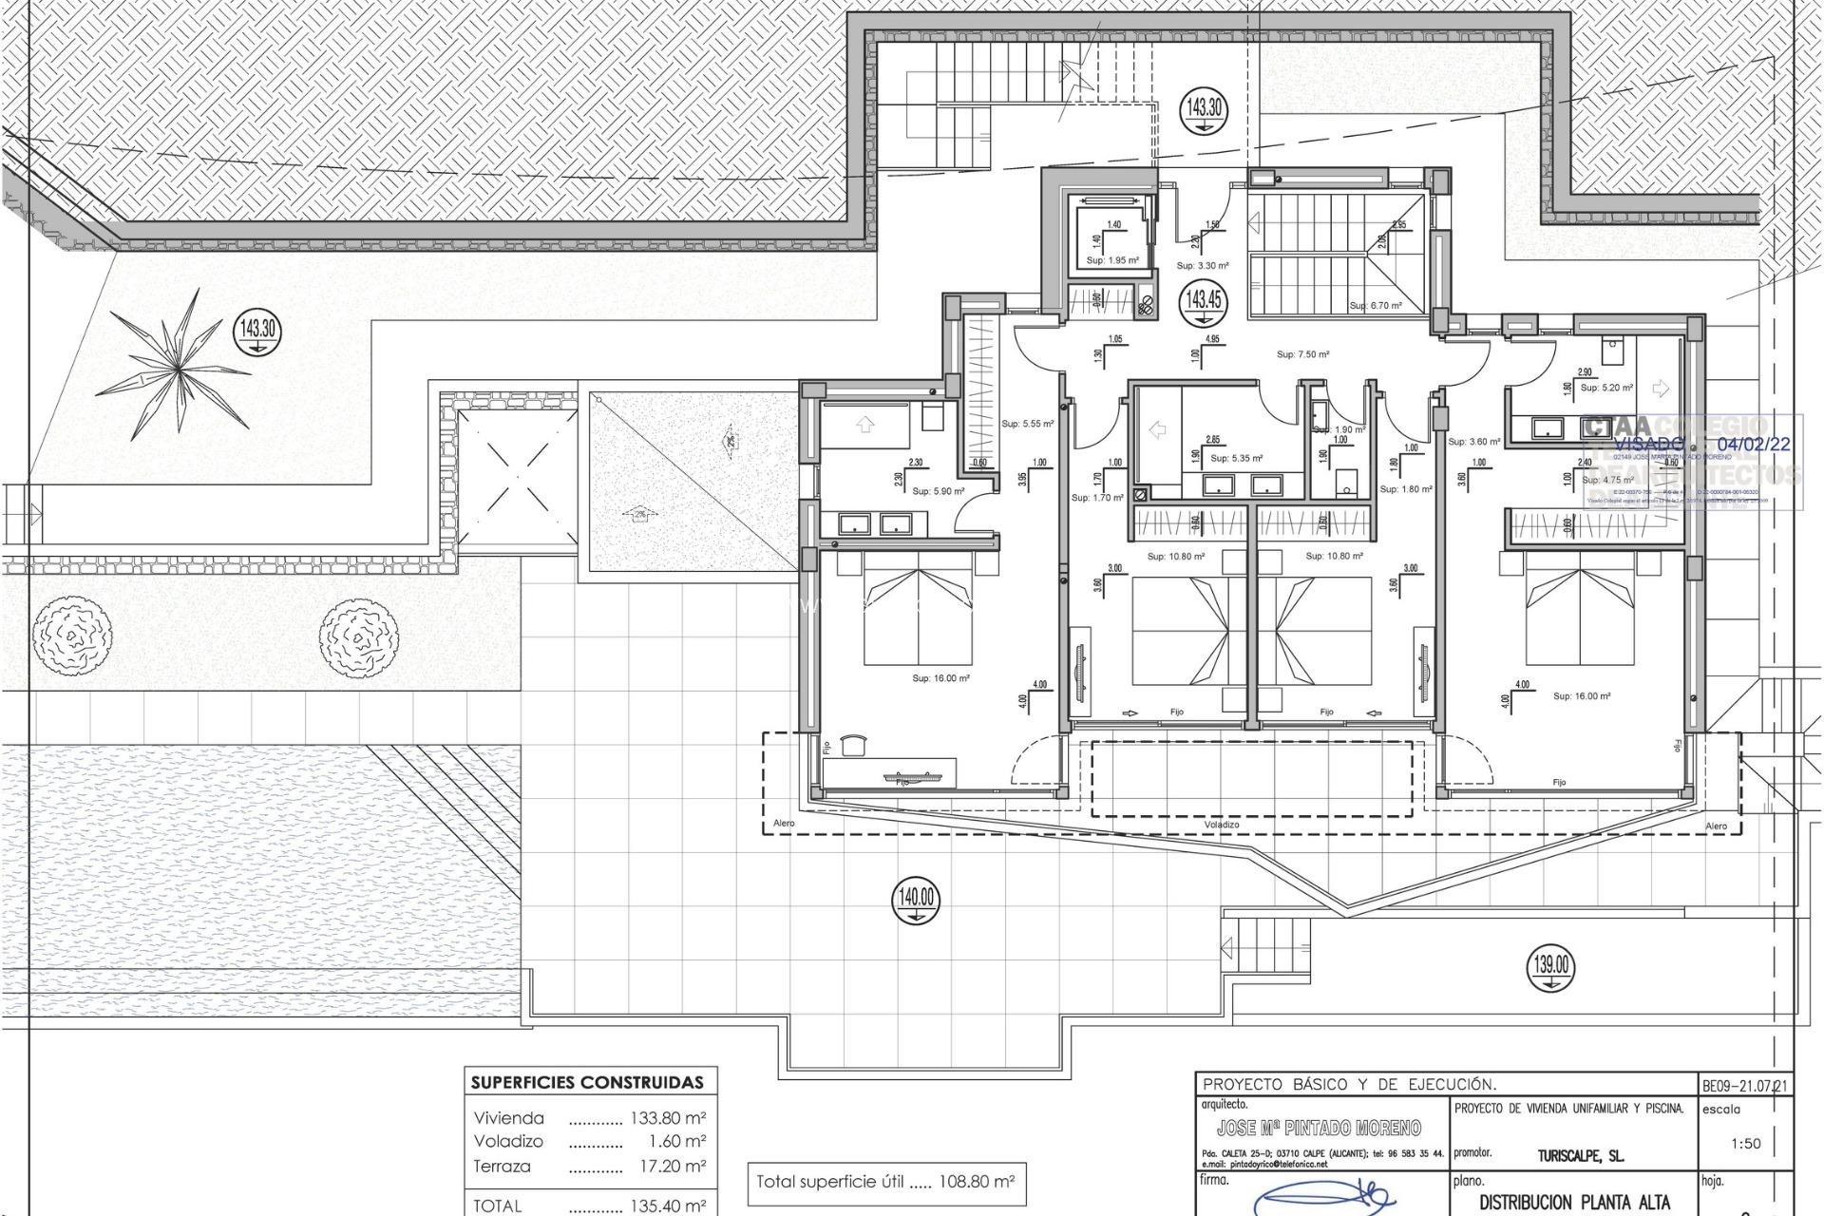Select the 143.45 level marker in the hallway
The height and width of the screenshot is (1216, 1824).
1203,302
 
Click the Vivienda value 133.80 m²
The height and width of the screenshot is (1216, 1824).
668,1118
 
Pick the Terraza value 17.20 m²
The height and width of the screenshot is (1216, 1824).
671,1166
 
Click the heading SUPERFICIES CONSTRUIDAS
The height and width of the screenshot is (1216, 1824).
588,1082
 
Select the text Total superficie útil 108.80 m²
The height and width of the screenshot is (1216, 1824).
885,1183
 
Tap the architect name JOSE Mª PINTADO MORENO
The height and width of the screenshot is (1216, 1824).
1319,1128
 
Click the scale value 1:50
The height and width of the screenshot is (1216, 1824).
1746,1144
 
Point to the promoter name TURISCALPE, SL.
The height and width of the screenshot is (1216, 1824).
1580,1156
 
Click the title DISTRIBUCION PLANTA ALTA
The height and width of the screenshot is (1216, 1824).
1561,1203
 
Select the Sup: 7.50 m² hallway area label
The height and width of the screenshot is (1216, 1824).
1302,354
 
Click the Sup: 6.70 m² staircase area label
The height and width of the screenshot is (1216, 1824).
1376,306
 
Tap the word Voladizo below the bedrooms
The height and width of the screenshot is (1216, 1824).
1222,825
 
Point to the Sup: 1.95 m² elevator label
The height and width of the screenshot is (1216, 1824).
1112,260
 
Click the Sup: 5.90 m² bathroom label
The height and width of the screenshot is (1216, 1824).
938,491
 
